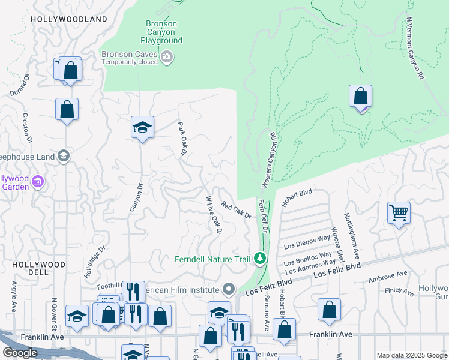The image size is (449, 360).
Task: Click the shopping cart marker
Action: [x=399, y=212]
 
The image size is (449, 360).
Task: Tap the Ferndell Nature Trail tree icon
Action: [x=260, y=259]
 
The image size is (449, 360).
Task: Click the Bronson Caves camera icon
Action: [x=167, y=58]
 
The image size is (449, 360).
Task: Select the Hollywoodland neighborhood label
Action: [x=69, y=19]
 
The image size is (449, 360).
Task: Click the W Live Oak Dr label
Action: [x=214, y=214]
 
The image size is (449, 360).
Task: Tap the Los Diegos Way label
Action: [x=307, y=242]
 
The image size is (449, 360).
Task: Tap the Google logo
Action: [x=20, y=353]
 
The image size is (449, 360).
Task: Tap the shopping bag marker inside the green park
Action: [x=360, y=96]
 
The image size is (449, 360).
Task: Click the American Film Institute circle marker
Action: [x=228, y=290]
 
